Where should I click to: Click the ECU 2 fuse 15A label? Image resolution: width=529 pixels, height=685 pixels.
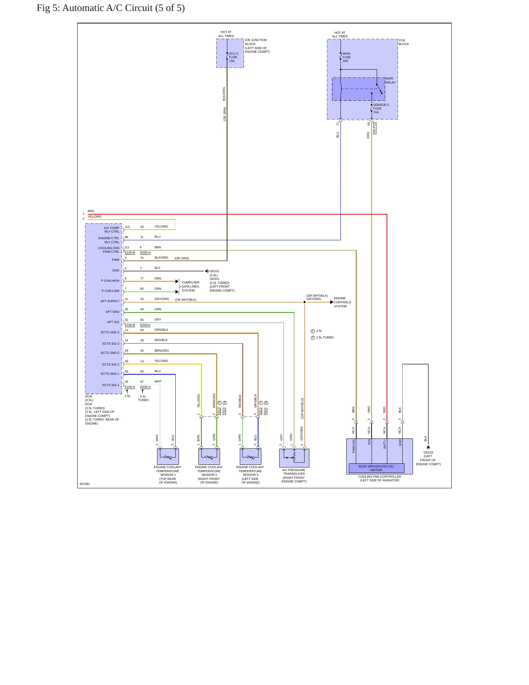(x=233, y=57)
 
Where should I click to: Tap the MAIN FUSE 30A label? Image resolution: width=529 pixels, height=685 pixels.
(x=346, y=57)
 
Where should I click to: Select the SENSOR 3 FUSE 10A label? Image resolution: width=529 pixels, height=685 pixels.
(x=381, y=108)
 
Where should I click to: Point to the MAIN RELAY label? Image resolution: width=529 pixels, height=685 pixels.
(x=390, y=80)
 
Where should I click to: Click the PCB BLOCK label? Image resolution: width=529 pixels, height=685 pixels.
(x=404, y=42)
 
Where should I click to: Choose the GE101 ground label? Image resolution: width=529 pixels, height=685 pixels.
(x=215, y=271)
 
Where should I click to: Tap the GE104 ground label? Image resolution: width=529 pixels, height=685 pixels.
(x=428, y=452)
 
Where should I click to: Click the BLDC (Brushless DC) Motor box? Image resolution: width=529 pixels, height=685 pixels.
(x=376, y=468)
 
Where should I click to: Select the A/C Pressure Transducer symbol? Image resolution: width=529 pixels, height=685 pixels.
(x=294, y=458)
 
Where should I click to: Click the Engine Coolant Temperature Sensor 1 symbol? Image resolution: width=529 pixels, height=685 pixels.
(x=168, y=457)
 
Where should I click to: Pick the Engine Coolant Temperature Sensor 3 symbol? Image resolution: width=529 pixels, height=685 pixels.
(x=251, y=457)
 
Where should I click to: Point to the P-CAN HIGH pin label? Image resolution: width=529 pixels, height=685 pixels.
(x=110, y=281)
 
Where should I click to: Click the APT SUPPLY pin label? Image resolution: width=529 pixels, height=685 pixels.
(x=110, y=301)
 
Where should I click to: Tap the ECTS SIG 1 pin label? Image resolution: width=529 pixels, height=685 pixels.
(x=111, y=385)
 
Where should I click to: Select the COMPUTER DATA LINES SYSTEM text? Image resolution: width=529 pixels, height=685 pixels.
(x=190, y=286)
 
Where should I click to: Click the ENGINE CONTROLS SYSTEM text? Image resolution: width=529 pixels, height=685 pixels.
(x=342, y=302)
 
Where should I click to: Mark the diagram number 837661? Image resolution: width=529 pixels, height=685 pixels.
(x=85, y=484)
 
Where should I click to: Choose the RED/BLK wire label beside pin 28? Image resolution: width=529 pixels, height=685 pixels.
(x=161, y=340)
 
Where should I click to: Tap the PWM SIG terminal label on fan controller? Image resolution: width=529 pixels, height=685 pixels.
(x=354, y=446)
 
